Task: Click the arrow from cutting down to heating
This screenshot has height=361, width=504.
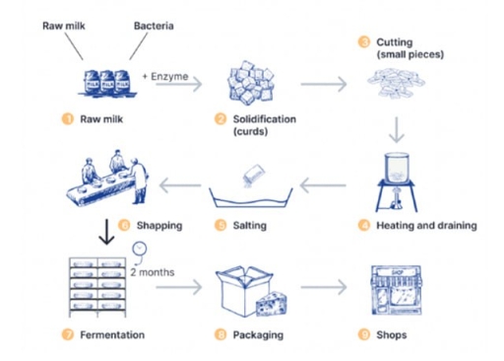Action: coord(396,130)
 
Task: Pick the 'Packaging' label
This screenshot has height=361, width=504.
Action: coord(258,335)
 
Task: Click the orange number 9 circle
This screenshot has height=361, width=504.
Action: coord(363,335)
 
